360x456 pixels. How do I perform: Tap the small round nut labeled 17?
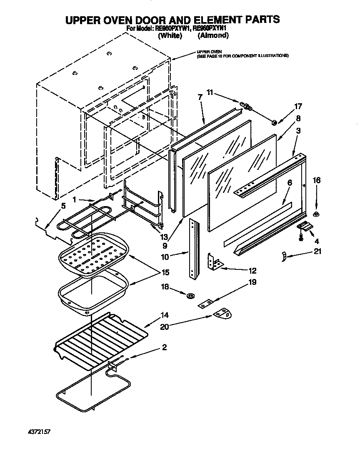[x=275, y=122]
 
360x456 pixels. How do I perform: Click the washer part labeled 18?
[x=191, y=296]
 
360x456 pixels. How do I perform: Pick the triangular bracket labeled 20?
[x=222, y=314]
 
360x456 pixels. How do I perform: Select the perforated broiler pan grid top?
[x=93, y=254]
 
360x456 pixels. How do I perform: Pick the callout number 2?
[x=164, y=347]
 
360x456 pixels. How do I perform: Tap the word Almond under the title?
[x=213, y=35]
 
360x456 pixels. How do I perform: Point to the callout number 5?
[x=63, y=206]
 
